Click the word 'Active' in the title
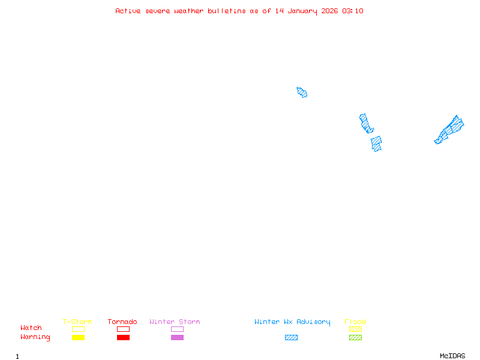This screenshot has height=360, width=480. pos(128,11)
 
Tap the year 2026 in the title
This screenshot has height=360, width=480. pos(329,11)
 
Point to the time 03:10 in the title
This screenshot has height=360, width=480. pos(353,11)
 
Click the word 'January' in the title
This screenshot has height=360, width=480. pos(302,11)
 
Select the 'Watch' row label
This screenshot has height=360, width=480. pos(31,328)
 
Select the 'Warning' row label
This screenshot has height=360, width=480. pos(35,337)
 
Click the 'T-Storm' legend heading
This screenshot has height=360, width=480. pos(77,322)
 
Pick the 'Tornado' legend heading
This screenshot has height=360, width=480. pos(122,322)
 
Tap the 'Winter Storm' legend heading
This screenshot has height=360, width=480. pos(175,322)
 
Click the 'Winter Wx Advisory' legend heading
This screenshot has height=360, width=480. pos(292,322)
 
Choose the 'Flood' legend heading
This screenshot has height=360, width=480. pos(355,322)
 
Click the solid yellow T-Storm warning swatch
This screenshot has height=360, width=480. pos(79,337)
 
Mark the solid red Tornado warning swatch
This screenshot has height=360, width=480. pos(124,337)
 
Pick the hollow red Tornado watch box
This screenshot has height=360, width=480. pos(124,326)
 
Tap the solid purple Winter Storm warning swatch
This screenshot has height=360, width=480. pos(177,337)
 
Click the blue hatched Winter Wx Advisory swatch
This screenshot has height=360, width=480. pos(291,337)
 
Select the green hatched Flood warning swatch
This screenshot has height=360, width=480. pos(355,337)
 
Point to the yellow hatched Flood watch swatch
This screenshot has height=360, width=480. pos(355,329)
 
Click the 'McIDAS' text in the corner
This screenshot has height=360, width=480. pos(452,356)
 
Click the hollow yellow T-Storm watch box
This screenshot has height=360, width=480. pos(79,326)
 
